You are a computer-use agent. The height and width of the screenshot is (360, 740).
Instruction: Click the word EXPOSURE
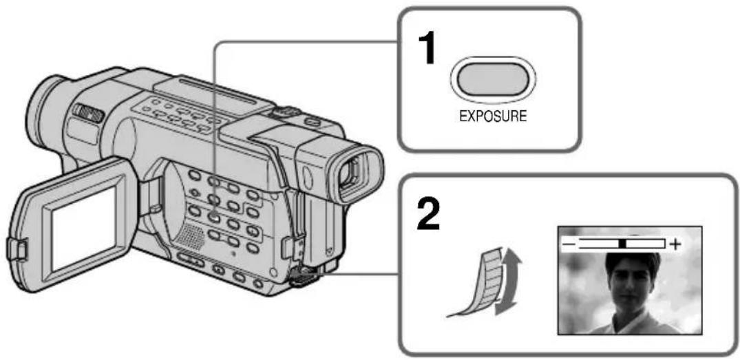point(493,116)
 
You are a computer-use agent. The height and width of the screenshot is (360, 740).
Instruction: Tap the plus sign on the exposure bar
point(676,244)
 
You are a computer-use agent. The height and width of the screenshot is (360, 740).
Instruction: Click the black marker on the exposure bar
point(623,244)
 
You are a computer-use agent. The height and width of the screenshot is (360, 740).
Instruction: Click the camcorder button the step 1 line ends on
point(215,217)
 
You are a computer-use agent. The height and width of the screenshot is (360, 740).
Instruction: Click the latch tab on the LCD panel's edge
point(14,248)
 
